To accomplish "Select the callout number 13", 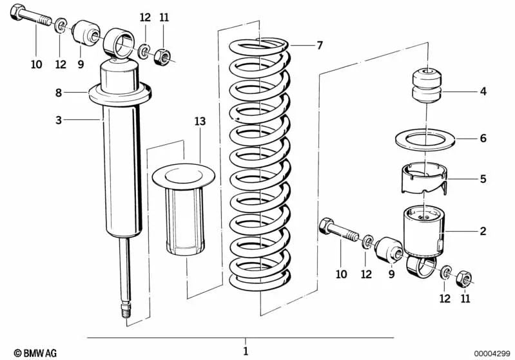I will pyautogui.click(x=200, y=121).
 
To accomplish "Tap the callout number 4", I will pyautogui.click(x=483, y=92).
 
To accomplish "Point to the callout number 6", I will pyautogui.click(x=483, y=138).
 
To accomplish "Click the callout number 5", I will pyautogui.click(x=483, y=180).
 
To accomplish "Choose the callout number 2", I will pyautogui.click(x=483, y=231).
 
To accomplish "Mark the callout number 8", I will pyautogui.click(x=58, y=93).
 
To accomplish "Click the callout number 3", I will pyautogui.click(x=58, y=119).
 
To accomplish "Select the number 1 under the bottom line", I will pyautogui.click(x=245, y=351).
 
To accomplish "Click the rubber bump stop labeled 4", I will pyautogui.click(x=423, y=85).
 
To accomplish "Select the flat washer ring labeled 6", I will pyautogui.click(x=424, y=138).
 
